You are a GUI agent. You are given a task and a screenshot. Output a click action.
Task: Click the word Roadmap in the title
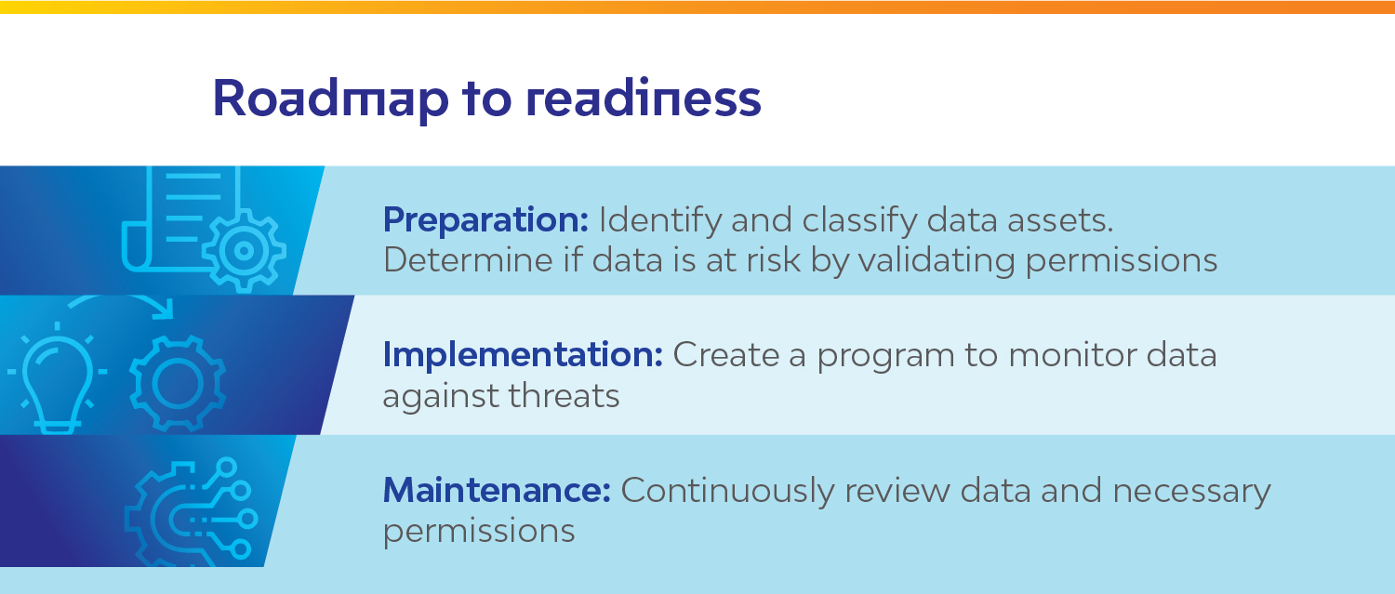click(331, 99)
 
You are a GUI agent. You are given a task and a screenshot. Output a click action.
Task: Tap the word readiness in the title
click(644, 98)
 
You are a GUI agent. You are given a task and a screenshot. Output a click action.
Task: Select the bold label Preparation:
click(485, 221)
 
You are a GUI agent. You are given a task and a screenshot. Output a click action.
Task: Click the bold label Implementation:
click(523, 356)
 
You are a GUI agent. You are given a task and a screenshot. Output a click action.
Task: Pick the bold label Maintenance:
click(497, 490)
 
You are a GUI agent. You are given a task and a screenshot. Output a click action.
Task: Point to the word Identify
click(659, 221)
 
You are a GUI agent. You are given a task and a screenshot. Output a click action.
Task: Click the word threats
click(564, 396)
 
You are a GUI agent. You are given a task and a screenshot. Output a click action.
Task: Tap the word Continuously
click(727, 492)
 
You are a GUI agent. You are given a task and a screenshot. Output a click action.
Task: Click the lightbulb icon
click(58, 380)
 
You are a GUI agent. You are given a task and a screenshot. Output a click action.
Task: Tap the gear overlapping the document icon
click(244, 251)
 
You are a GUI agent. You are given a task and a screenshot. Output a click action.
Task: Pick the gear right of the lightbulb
click(179, 384)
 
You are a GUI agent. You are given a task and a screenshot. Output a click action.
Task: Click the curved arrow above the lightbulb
click(118, 297)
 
